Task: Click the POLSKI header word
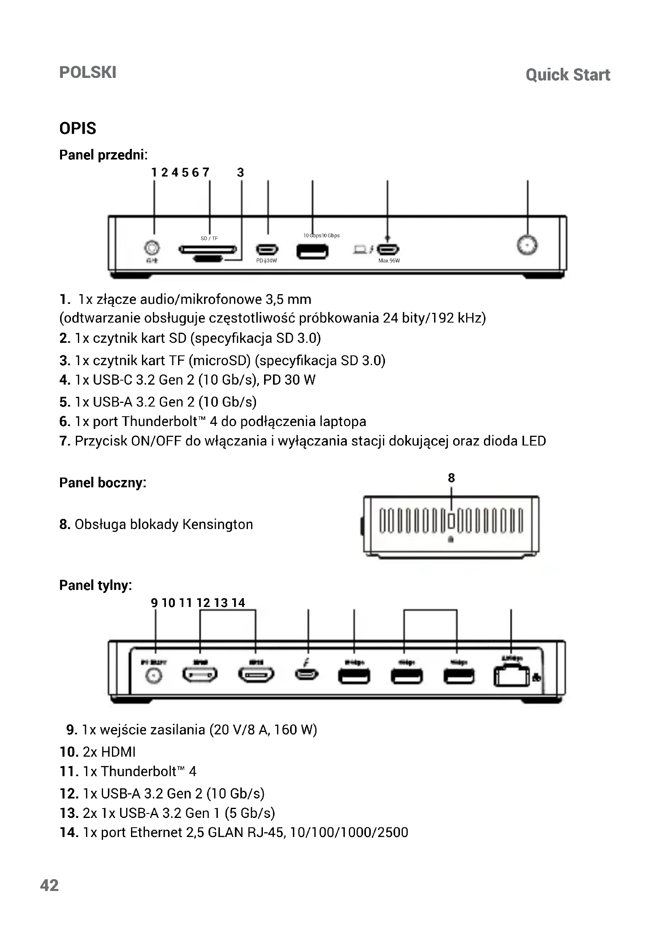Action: pos(88,72)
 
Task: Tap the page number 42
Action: pos(49,885)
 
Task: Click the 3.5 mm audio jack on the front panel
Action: pos(152,247)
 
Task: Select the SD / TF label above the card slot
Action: pos(209,239)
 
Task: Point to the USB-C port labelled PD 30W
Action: pos(267,250)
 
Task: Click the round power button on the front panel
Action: pos(527,245)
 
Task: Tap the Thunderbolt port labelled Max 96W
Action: pos(388,250)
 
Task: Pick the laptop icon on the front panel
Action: pos(360,249)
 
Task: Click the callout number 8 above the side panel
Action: pos(451,478)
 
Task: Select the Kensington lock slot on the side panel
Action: pos(451,521)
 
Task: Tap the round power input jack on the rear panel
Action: pos(154,676)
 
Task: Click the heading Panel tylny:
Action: pos(95,585)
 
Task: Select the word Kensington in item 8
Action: pos(217,524)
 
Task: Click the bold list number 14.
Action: pos(69,832)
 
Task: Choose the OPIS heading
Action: pos(77,129)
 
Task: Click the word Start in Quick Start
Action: pos(591,75)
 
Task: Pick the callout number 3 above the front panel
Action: pos(241,172)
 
